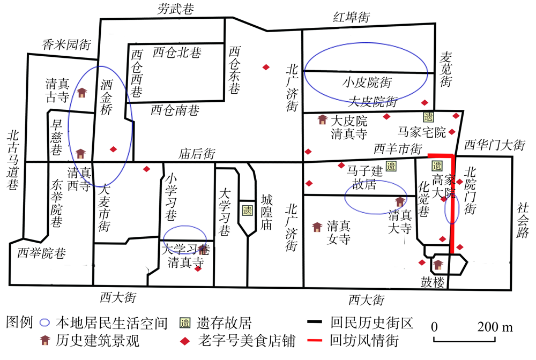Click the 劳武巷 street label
click(175, 9)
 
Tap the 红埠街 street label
click(352, 17)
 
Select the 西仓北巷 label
click(177, 53)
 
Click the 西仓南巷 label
click(175, 110)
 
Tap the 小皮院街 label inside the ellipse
click(367, 82)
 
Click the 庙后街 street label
click(197, 154)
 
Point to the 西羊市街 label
click(399, 148)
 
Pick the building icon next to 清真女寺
click(317, 227)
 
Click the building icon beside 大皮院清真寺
click(323, 119)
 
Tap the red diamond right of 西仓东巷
click(266, 67)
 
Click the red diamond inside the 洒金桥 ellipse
click(113, 149)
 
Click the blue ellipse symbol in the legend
click(45, 323)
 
